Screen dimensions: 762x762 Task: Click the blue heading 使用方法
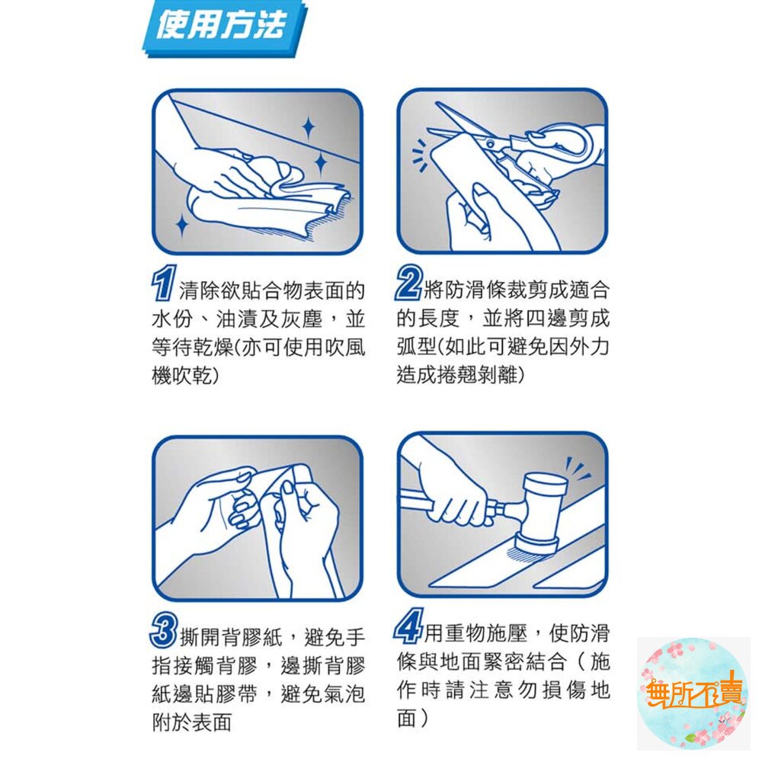[x=221, y=28]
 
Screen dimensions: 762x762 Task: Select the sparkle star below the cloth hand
[x=181, y=225]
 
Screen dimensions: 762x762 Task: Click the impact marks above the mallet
[x=578, y=469]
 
